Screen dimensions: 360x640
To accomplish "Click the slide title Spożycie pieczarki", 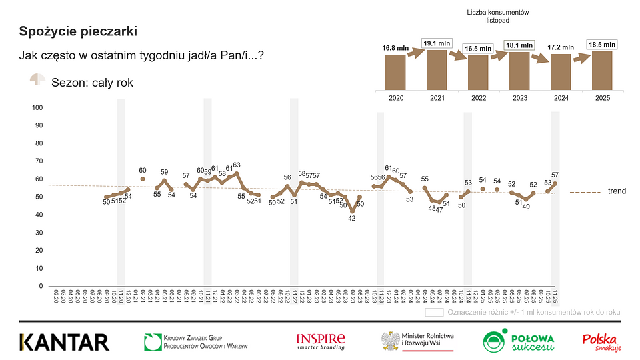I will point(79,31).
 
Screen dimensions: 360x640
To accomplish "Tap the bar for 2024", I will point(561,71).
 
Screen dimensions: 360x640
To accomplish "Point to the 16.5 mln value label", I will point(478,49).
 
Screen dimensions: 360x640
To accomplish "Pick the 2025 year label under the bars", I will point(602,97).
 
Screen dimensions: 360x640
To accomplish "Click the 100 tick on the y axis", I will point(37,107).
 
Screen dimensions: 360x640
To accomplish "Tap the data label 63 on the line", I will point(236,165).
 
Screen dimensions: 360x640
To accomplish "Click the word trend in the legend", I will point(617,191).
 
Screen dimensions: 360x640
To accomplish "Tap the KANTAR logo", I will point(64,342).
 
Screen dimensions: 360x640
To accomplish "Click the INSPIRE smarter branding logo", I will point(321,341).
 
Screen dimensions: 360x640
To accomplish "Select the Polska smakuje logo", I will point(602,342).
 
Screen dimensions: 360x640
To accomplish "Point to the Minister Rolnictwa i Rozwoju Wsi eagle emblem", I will point(390,341).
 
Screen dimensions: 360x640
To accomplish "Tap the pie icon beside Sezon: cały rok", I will point(37,80).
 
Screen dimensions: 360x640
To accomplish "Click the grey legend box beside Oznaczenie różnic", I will point(435,312).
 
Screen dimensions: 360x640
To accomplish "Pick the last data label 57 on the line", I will point(555,175).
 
